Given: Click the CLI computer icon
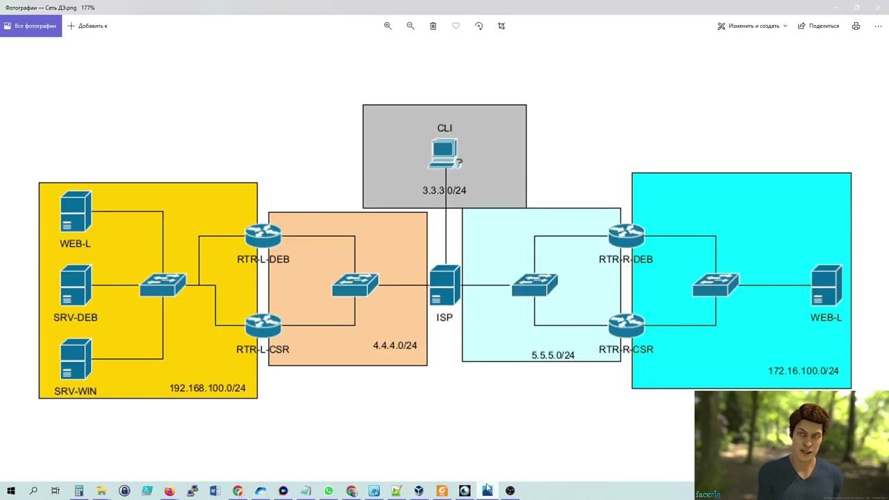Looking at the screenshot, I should [444, 153].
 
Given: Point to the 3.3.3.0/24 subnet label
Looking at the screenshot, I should [444, 190].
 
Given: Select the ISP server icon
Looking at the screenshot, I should [444, 285].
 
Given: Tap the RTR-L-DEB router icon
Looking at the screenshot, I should [263, 236].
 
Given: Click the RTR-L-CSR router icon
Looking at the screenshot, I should [263, 326].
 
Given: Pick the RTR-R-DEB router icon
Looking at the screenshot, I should [626, 236].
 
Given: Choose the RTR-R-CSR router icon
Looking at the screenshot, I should [626, 326].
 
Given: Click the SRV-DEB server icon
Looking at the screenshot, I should [76, 285].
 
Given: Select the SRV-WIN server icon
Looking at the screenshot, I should [76, 359].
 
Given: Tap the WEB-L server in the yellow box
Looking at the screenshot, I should [76, 212].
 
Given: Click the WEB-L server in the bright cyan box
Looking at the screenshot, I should [826, 285].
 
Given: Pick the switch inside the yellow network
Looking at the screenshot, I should [163, 285].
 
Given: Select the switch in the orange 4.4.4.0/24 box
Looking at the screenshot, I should [355, 285].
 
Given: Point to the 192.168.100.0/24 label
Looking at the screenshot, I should [208, 388].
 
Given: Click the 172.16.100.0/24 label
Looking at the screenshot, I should [804, 371].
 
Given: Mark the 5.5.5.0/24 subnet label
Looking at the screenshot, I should [553, 356].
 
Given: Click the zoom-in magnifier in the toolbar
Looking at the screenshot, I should [388, 26].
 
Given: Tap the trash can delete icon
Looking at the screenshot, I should [433, 26].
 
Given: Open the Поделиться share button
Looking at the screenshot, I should [818, 26].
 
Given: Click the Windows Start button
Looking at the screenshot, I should [11, 491].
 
